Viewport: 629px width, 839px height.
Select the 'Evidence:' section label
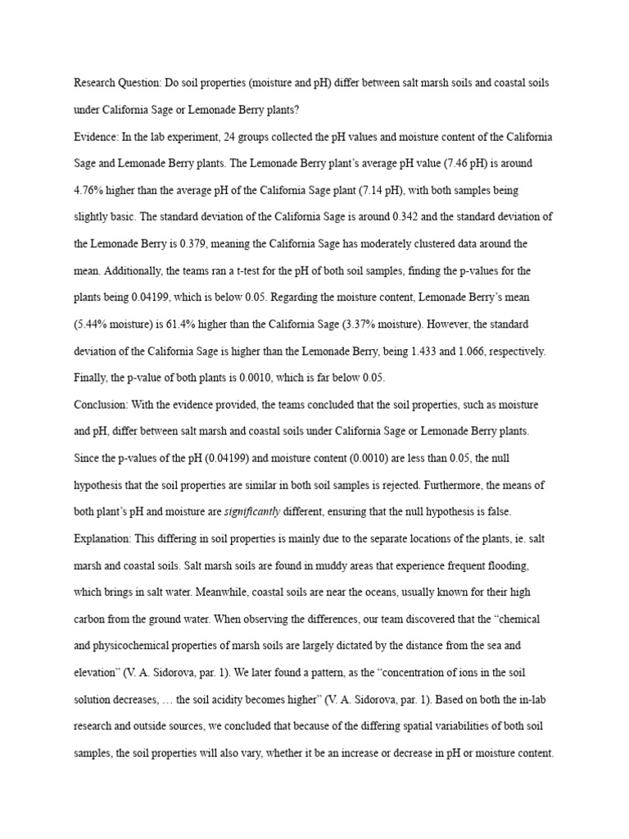tap(97, 137)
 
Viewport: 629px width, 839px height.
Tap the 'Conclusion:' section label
tap(102, 405)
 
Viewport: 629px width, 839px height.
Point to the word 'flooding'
tap(509, 566)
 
